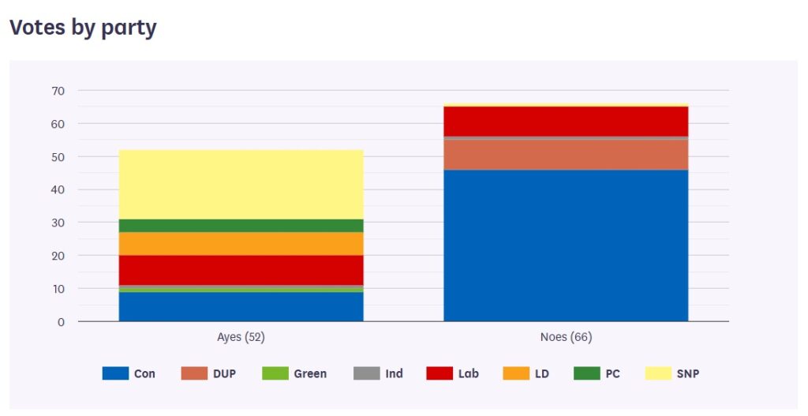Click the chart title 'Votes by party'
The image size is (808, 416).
pos(83,28)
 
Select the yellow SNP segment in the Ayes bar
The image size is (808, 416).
pos(241,184)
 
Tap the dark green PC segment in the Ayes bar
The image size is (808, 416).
pos(241,225)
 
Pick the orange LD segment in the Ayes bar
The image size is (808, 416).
pos(241,243)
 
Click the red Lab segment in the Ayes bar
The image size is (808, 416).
pos(241,269)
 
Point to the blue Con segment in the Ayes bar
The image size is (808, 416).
pos(241,306)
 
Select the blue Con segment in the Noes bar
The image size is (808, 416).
pos(566,245)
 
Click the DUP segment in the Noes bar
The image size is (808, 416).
pos(566,155)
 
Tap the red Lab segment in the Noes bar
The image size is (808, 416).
pos(566,121)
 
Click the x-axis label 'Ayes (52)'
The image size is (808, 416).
pos(241,337)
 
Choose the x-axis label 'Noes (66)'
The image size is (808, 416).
pos(566,337)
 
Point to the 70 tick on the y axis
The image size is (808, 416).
pos(58,91)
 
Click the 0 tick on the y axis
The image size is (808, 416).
pos(61,322)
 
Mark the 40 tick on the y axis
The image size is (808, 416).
pos(58,190)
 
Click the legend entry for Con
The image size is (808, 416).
pos(129,373)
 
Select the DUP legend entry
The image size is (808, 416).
pos(209,373)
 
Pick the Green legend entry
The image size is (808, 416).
pos(294,373)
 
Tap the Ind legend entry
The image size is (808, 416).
pos(379,373)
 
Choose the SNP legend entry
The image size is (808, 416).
pos(672,373)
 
